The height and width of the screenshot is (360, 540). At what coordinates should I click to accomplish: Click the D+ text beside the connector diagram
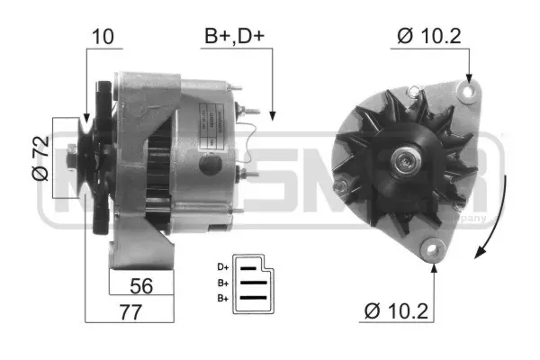[x=222, y=267]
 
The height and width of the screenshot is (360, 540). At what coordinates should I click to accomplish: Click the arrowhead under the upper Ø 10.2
[x=467, y=79]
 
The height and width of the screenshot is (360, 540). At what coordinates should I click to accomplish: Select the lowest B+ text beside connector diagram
[x=222, y=297]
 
